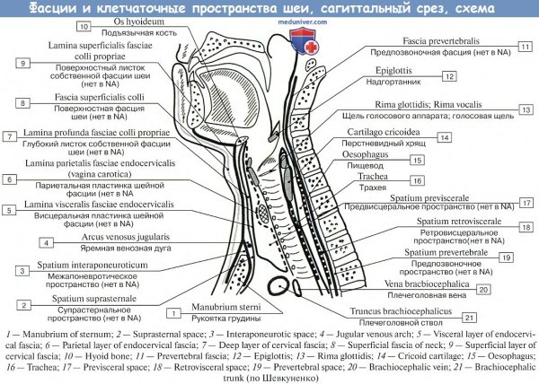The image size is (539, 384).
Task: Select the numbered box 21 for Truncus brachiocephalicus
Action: coord(468,317)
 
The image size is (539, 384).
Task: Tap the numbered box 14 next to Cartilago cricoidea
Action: coord(443,137)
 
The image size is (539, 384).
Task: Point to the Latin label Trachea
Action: coord(396,178)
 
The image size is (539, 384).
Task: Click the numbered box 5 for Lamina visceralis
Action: coord(9,210)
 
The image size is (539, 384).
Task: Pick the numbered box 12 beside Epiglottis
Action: coord(447,77)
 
